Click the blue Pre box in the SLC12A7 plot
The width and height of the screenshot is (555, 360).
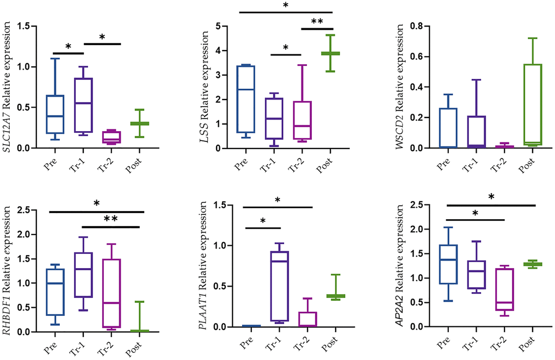[56, 114]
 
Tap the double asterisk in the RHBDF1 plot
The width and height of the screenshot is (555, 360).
[111, 219]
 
